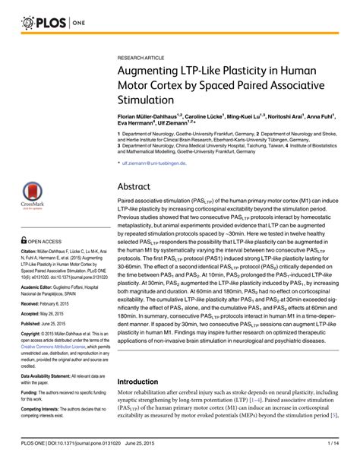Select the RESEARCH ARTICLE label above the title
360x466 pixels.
click(141, 57)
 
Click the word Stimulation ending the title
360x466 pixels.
click(149, 99)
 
